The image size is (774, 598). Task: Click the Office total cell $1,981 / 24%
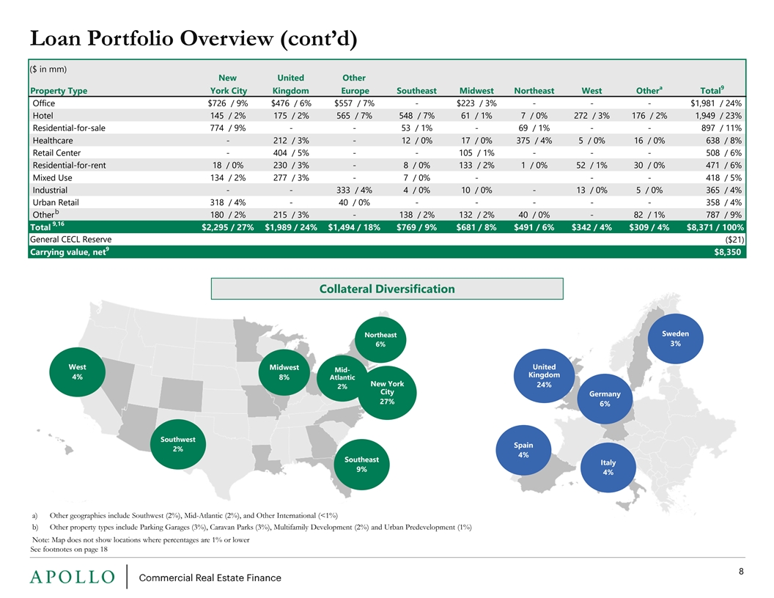(716, 103)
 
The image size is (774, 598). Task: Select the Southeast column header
(416, 91)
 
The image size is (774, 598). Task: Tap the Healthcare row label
(53, 141)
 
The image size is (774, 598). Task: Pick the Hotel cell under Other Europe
(354, 116)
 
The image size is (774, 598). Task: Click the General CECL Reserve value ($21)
(734, 240)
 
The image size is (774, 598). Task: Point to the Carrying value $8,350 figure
(727, 251)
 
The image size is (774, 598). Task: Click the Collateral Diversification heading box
(387, 289)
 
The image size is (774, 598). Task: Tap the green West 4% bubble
(77, 372)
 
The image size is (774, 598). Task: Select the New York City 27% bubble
(387, 393)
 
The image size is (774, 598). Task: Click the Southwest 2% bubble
(177, 444)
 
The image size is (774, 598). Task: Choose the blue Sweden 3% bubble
(675, 339)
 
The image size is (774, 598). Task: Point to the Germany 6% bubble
(605, 399)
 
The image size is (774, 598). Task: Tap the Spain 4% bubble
(523, 450)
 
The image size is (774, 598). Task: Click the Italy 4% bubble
(608, 468)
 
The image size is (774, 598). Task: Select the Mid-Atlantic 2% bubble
(342, 378)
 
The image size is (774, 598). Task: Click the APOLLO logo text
(72, 577)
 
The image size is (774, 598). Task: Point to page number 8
(741, 572)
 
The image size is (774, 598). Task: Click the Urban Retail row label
(56, 202)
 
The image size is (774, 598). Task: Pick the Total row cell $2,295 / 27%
(227, 227)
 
